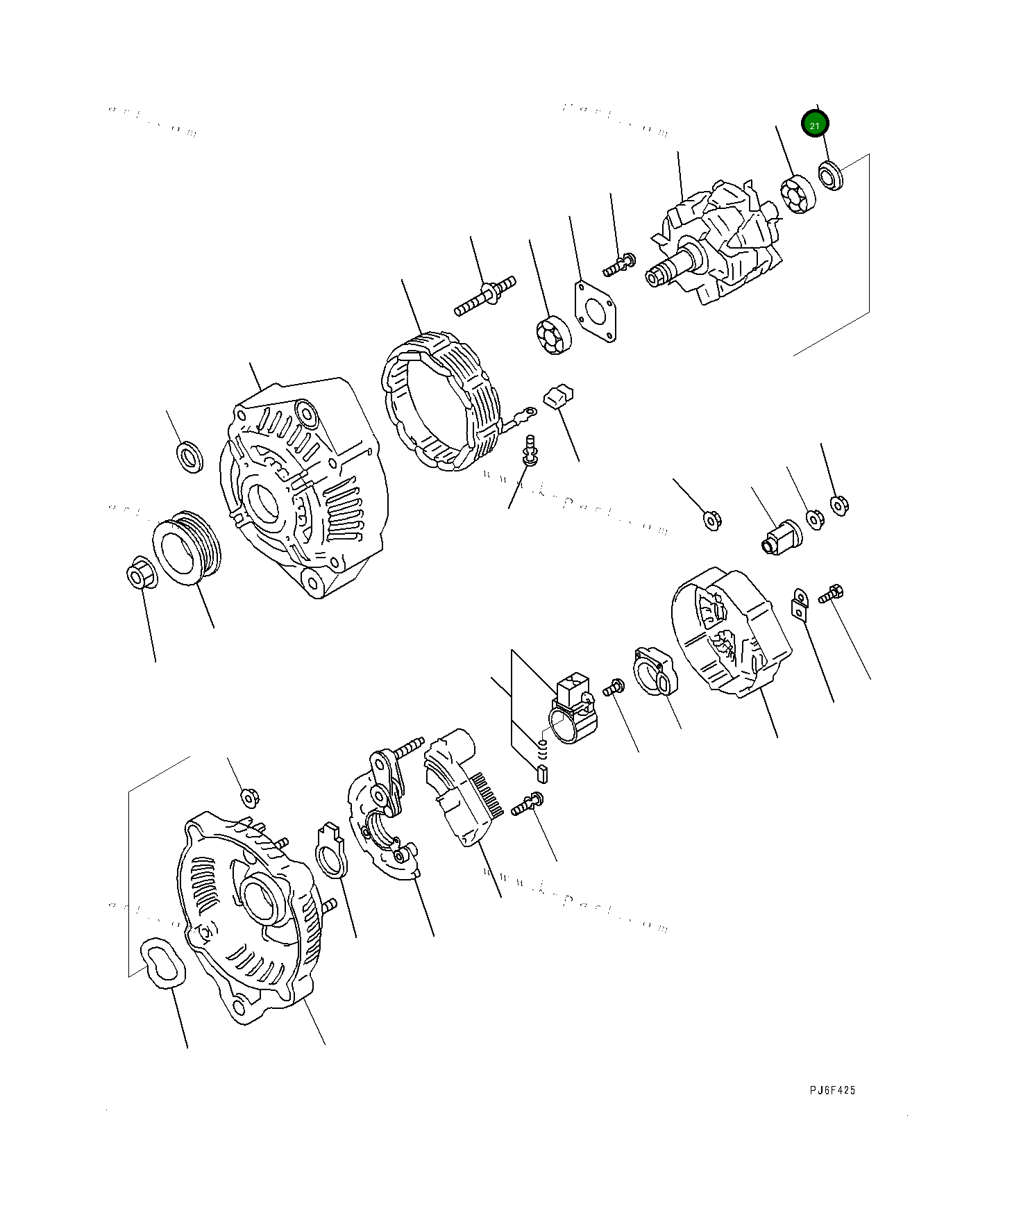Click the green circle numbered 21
[815, 125]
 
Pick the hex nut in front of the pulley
[141, 572]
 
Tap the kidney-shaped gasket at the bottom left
[163, 962]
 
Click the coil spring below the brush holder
[544, 749]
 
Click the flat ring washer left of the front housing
[188, 456]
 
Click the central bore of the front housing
[263, 501]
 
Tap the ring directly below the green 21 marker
[830, 174]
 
